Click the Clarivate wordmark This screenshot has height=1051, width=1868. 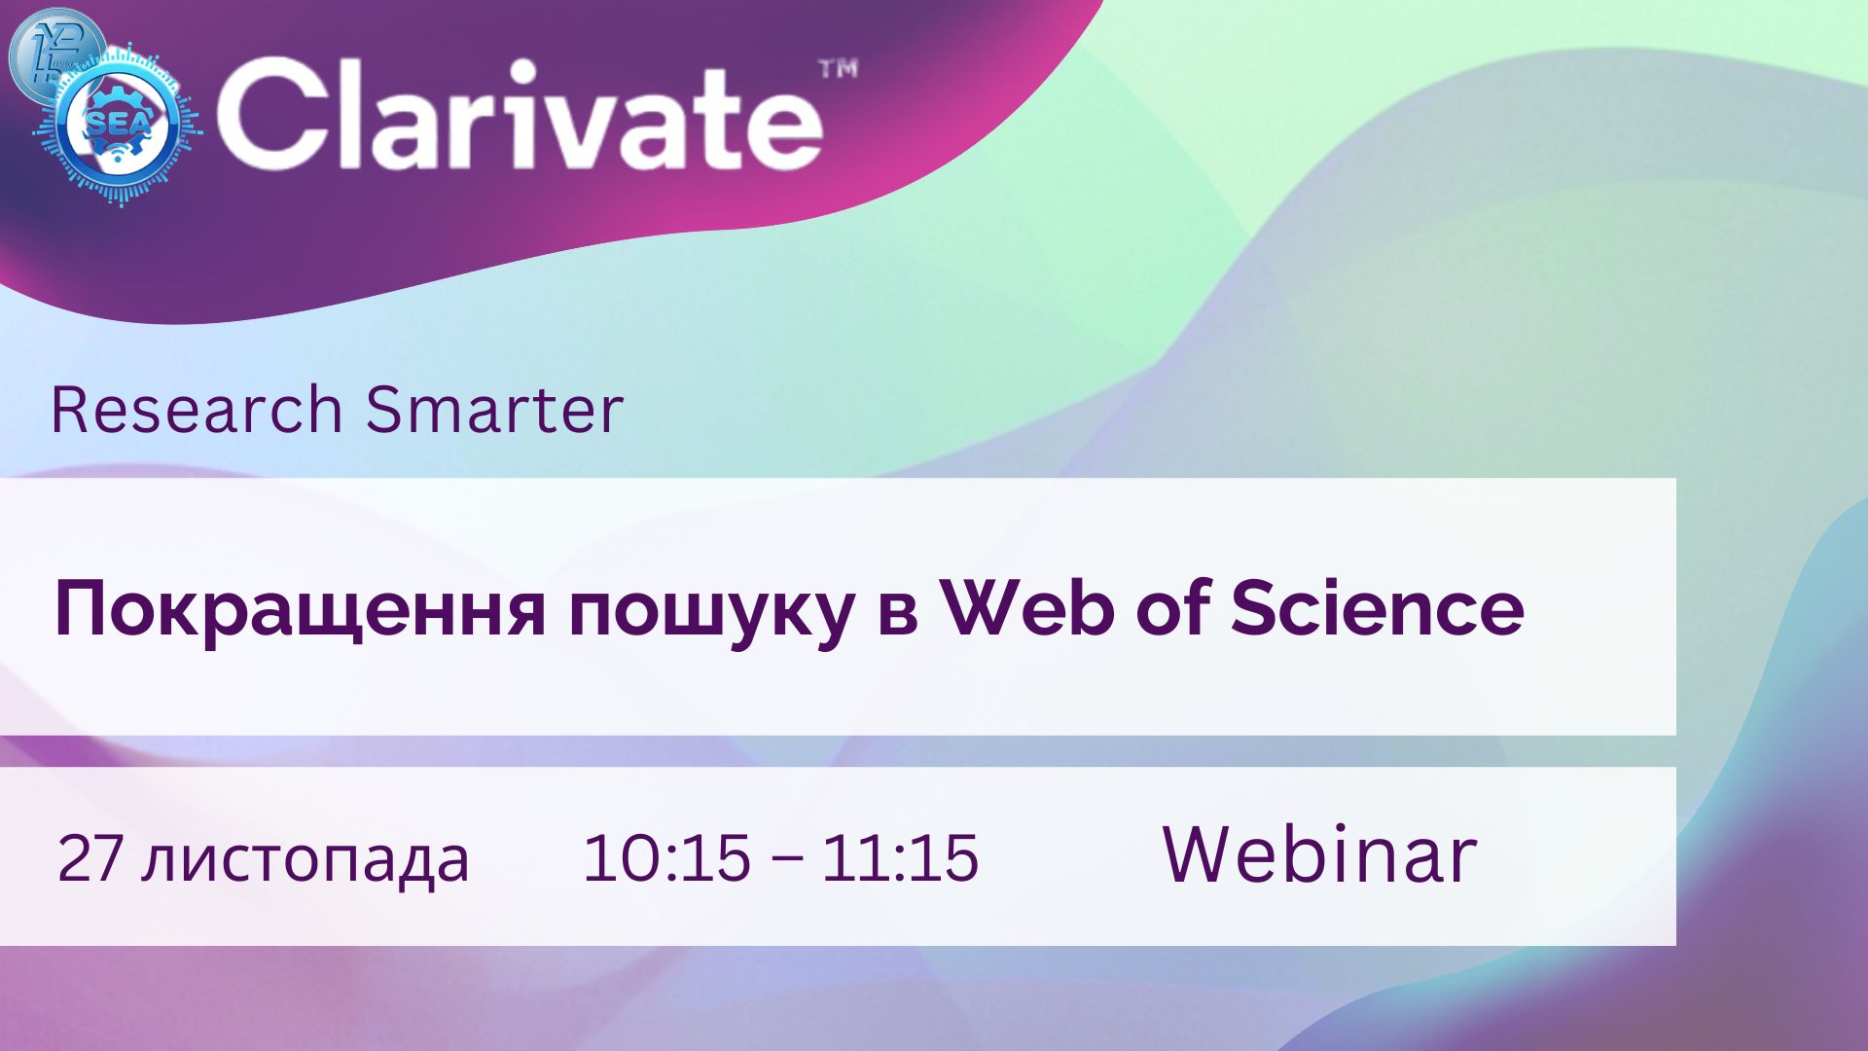point(521,114)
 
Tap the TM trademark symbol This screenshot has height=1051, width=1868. point(838,69)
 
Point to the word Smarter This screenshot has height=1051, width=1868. point(494,410)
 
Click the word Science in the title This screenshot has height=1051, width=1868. point(1377,608)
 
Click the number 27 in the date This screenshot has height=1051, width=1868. point(90,857)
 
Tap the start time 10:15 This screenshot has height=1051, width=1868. point(666,857)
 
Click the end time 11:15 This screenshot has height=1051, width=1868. point(900,857)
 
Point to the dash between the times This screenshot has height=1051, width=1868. point(786,860)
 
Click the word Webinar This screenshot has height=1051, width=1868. point(1320,854)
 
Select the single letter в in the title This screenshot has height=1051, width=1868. point(897,617)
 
